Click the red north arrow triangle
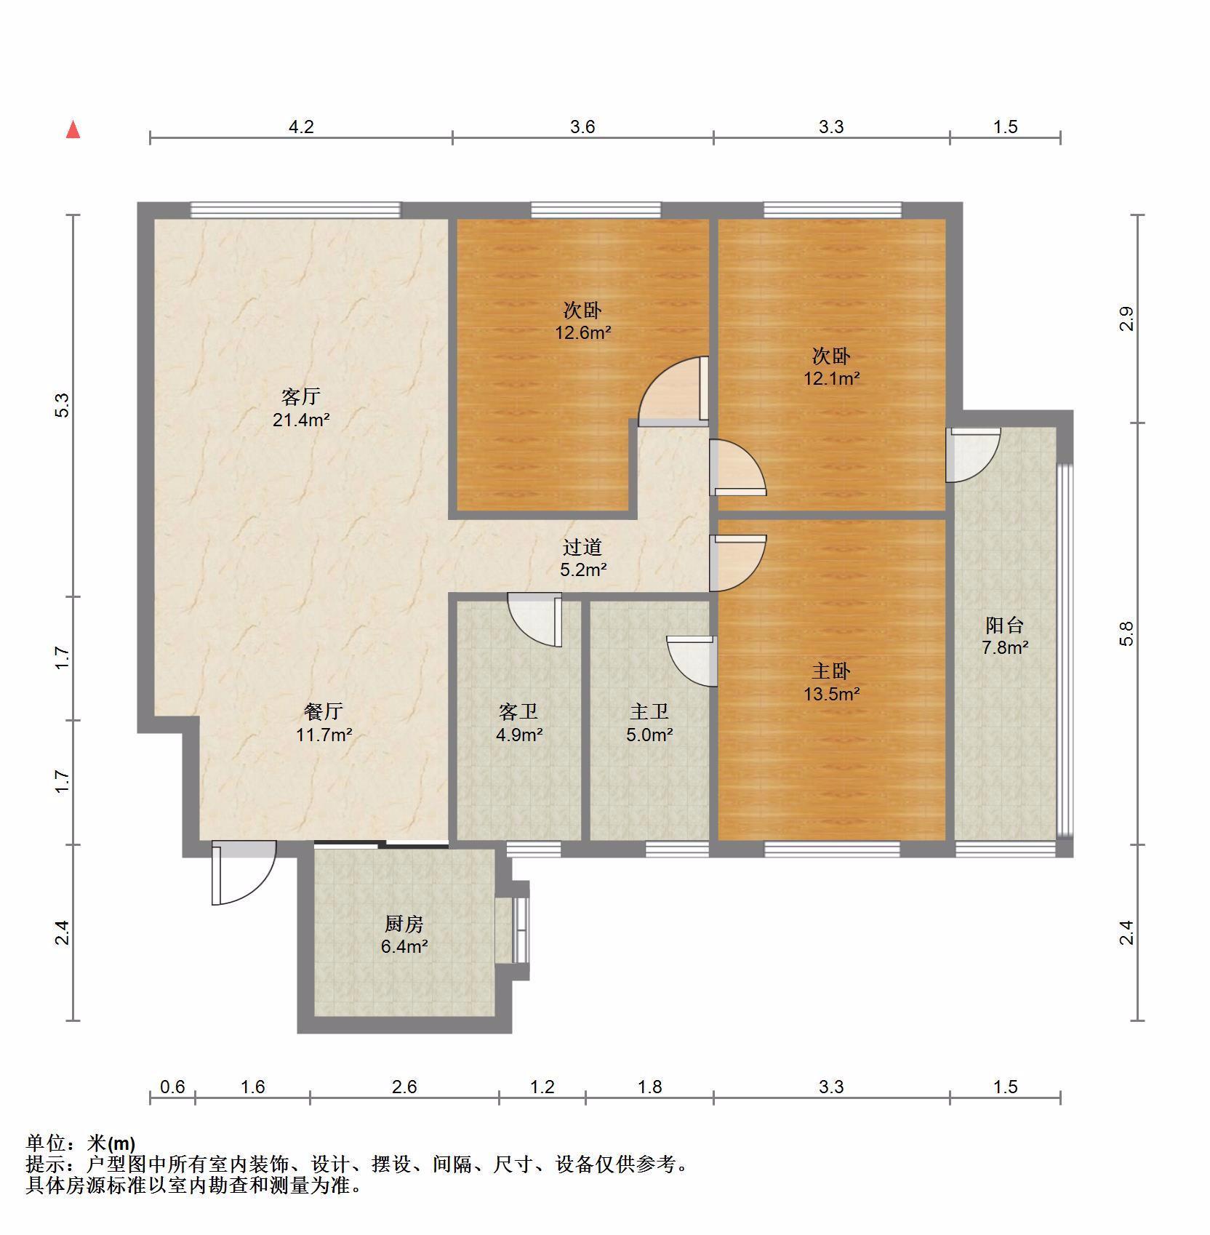click(73, 129)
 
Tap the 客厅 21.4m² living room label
click(301, 408)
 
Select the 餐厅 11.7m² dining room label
click(324, 722)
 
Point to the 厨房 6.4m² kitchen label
click(404, 935)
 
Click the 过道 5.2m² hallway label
click(582, 558)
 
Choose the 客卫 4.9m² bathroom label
click(518, 722)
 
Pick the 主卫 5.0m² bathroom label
click(649, 722)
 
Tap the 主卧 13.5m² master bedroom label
click(831, 682)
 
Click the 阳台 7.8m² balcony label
click(1005, 635)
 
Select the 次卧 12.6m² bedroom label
click(582, 321)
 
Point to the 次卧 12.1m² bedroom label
click(831, 367)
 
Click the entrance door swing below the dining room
click(244, 873)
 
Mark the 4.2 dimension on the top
click(301, 127)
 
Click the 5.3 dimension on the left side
click(63, 405)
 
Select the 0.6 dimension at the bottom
click(172, 1087)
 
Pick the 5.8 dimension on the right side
click(1126, 634)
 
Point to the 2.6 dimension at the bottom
click(404, 1087)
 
